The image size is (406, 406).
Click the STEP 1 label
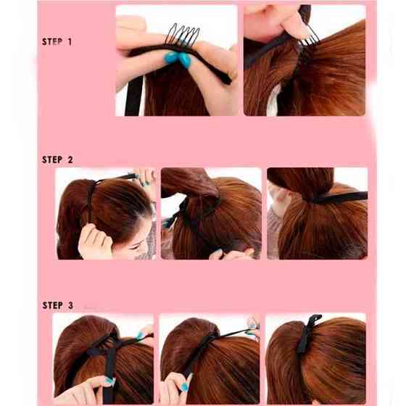pos(57,42)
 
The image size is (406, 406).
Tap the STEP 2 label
pos(57,159)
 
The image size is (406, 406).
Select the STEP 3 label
pos(58,305)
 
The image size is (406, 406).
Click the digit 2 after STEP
pos(70,159)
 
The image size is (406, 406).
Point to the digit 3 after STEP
pos(70,305)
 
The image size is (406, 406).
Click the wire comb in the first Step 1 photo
pos(183,35)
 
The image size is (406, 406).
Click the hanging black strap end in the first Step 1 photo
pos(134,96)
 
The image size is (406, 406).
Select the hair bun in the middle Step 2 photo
pos(190,183)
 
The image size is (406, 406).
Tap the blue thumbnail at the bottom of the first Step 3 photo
pos(109,381)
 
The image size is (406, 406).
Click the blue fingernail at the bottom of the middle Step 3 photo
pos(184,386)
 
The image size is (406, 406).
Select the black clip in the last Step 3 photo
pos(308,334)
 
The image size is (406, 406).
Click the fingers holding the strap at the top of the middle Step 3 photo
pos(253,327)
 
